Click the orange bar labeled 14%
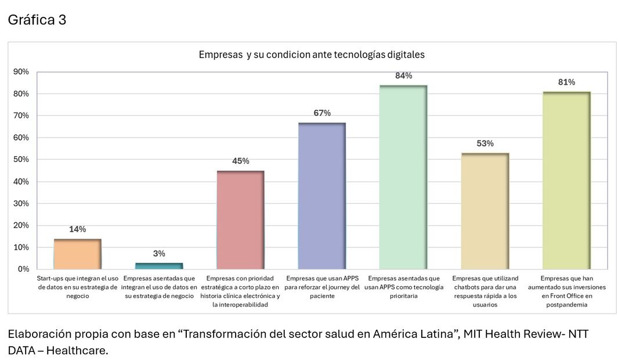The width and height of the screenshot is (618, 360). tap(77, 254)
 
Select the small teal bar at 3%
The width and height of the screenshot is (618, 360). tap(159, 266)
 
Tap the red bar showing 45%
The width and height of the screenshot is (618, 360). tap(240, 220)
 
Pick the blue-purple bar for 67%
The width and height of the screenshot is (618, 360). tap(322, 196)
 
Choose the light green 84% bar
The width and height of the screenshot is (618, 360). tap(403, 178)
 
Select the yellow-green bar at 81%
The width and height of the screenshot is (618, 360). tap(566, 181)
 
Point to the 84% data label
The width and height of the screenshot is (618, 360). tap(403, 76)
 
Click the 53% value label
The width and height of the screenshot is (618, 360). tap(485, 143)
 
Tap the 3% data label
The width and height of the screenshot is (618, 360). tap(159, 254)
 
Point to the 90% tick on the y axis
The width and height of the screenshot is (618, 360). tap(21, 72)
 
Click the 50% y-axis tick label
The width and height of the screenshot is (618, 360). tap(21, 160)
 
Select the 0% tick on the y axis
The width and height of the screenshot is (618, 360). tap(23, 269)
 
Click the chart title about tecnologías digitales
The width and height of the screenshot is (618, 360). tap(312, 55)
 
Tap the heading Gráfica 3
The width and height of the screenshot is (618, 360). tap(37, 20)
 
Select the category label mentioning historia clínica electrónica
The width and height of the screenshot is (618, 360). tap(240, 291)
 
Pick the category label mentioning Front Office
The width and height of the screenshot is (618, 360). tap(566, 291)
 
